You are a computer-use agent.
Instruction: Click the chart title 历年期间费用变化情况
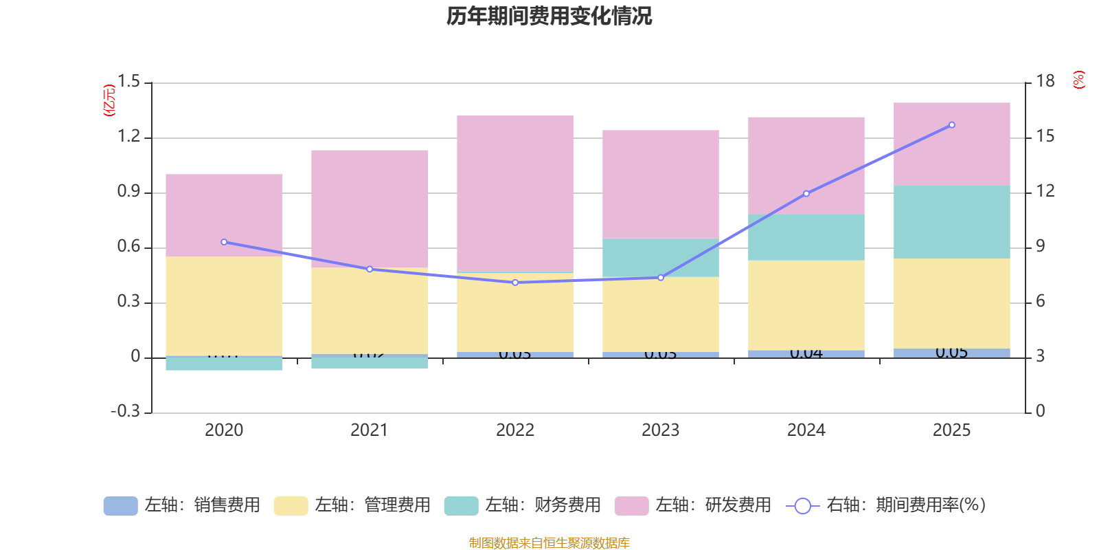click(549, 16)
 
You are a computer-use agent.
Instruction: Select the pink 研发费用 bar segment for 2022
click(515, 193)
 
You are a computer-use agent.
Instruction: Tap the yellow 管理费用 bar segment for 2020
click(224, 306)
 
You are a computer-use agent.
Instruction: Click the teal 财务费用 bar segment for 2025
click(951, 221)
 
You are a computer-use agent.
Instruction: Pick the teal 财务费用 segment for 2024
click(806, 237)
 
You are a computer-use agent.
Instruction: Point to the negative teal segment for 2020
click(224, 364)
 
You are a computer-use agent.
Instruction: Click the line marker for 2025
click(951, 125)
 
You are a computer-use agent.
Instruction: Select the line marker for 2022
click(515, 283)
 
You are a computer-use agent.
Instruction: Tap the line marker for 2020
click(224, 242)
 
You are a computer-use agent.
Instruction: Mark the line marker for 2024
click(806, 194)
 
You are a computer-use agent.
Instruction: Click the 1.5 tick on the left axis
click(128, 82)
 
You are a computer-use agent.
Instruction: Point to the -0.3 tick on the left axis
click(125, 411)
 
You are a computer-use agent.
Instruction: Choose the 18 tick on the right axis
click(1045, 82)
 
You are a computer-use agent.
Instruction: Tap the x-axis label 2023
click(660, 430)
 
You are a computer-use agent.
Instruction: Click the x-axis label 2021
click(369, 430)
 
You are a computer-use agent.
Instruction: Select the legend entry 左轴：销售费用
click(182, 505)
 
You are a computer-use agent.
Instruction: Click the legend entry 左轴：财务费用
click(523, 505)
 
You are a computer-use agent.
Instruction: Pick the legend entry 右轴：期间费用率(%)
click(886, 505)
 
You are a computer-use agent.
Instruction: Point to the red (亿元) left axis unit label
click(109, 100)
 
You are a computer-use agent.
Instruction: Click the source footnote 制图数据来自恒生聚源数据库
click(549, 543)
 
